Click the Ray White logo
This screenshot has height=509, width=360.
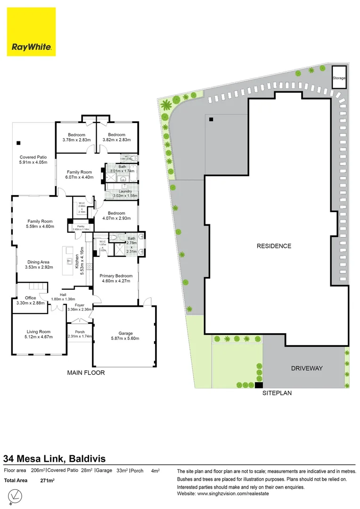click(x=32, y=32)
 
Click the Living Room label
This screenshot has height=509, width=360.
click(x=39, y=334)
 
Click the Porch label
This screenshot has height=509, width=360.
click(x=80, y=334)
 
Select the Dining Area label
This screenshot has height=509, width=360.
click(x=39, y=264)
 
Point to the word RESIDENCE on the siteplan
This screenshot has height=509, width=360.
click(x=274, y=246)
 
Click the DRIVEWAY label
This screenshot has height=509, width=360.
click(x=306, y=368)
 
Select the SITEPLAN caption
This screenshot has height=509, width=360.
click(x=277, y=392)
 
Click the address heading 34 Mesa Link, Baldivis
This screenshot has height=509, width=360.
click(x=54, y=458)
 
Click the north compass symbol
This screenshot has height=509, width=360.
click(x=16, y=496)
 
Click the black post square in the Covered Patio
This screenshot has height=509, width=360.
click(x=18, y=142)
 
